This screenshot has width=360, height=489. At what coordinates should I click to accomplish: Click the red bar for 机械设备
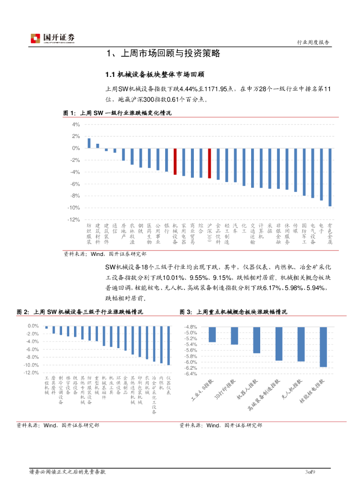click(175, 161)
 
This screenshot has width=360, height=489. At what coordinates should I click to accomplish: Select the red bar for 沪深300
click(209, 163)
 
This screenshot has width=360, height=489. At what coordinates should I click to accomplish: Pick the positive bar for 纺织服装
click(89, 143)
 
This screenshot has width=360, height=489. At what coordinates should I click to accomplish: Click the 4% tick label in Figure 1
click(75, 124)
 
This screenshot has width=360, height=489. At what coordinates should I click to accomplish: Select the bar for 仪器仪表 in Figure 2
click(169, 345)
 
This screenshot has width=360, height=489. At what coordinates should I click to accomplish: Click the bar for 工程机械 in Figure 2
click(46, 328)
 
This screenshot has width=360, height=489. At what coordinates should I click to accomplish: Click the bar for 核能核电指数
click(323, 347)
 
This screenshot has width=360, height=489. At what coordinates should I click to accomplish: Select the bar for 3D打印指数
click(234, 336)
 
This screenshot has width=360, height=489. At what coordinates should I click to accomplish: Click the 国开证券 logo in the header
click(53, 39)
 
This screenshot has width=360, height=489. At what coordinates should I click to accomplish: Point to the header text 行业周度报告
click(313, 43)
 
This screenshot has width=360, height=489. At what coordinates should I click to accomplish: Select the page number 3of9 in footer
click(311, 472)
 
